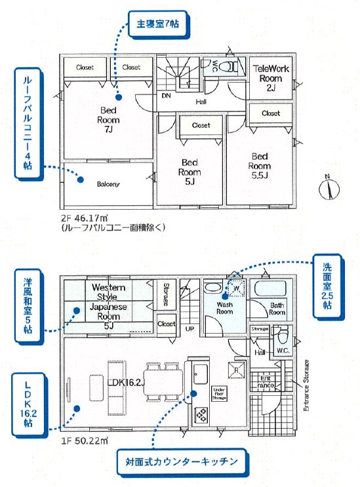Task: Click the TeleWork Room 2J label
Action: coord(270,77)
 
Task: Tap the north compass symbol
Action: coord(327,189)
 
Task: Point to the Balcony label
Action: coord(108,184)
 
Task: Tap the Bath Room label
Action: coord(277,309)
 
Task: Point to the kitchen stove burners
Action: coord(199,415)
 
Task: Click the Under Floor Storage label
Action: coord(220,393)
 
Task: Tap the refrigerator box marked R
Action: coord(233,368)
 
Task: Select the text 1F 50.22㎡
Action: coord(83,440)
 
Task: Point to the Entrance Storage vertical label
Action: coord(306,385)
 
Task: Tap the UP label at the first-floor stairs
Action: coord(190,328)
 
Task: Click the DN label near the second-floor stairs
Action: coord(167,96)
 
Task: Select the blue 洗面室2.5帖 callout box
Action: coord(327,286)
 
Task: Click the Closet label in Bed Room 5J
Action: coord(201,125)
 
